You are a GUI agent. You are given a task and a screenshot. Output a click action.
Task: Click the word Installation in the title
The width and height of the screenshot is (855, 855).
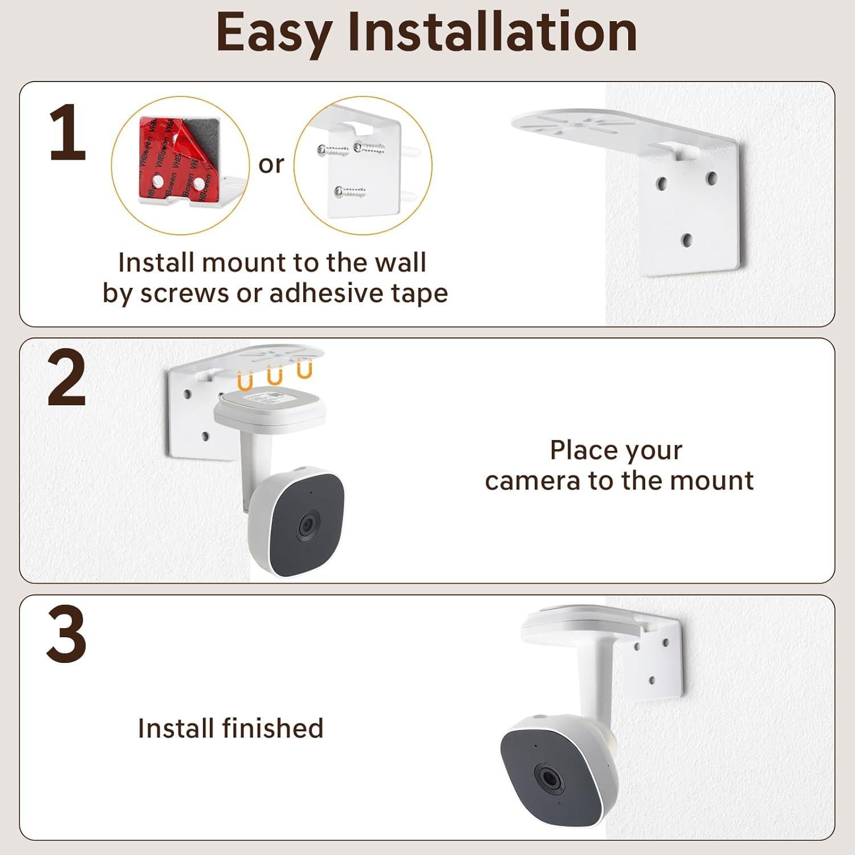(492, 32)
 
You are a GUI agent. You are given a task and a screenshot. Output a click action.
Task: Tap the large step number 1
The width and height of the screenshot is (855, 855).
(67, 133)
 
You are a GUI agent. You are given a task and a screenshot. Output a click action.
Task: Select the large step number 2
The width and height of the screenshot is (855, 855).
(67, 378)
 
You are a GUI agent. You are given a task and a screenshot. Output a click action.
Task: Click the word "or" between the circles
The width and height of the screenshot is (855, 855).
(271, 164)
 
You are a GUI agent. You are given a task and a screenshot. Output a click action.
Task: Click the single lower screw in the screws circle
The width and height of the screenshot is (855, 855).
(349, 192)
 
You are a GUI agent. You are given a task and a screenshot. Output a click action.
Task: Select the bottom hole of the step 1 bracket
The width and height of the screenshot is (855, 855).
(687, 240)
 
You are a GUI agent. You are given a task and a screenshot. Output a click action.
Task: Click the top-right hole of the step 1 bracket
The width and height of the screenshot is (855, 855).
(711, 178)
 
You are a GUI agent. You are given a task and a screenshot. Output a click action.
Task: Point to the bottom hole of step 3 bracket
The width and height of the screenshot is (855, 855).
(652, 680)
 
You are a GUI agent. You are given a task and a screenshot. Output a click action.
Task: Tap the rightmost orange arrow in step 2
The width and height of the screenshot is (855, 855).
(304, 370)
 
